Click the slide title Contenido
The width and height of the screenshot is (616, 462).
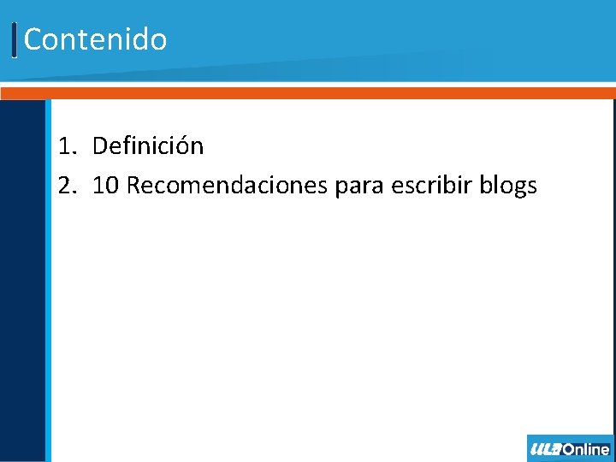click(x=95, y=39)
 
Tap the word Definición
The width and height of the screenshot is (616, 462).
click(x=147, y=146)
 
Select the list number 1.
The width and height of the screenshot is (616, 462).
click(x=66, y=146)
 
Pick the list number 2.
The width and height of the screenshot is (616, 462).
click(x=66, y=185)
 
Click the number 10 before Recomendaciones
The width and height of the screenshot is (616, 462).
click(x=105, y=185)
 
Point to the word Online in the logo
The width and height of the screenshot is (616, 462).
click(x=587, y=449)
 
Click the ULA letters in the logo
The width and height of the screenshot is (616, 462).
click(x=546, y=449)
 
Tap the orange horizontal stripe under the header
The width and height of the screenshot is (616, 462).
click(x=308, y=92)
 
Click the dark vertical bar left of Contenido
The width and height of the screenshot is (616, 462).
click(x=15, y=40)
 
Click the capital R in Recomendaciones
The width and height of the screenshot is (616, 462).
click(x=134, y=185)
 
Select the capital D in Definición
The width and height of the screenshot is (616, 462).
click(x=100, y=146)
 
